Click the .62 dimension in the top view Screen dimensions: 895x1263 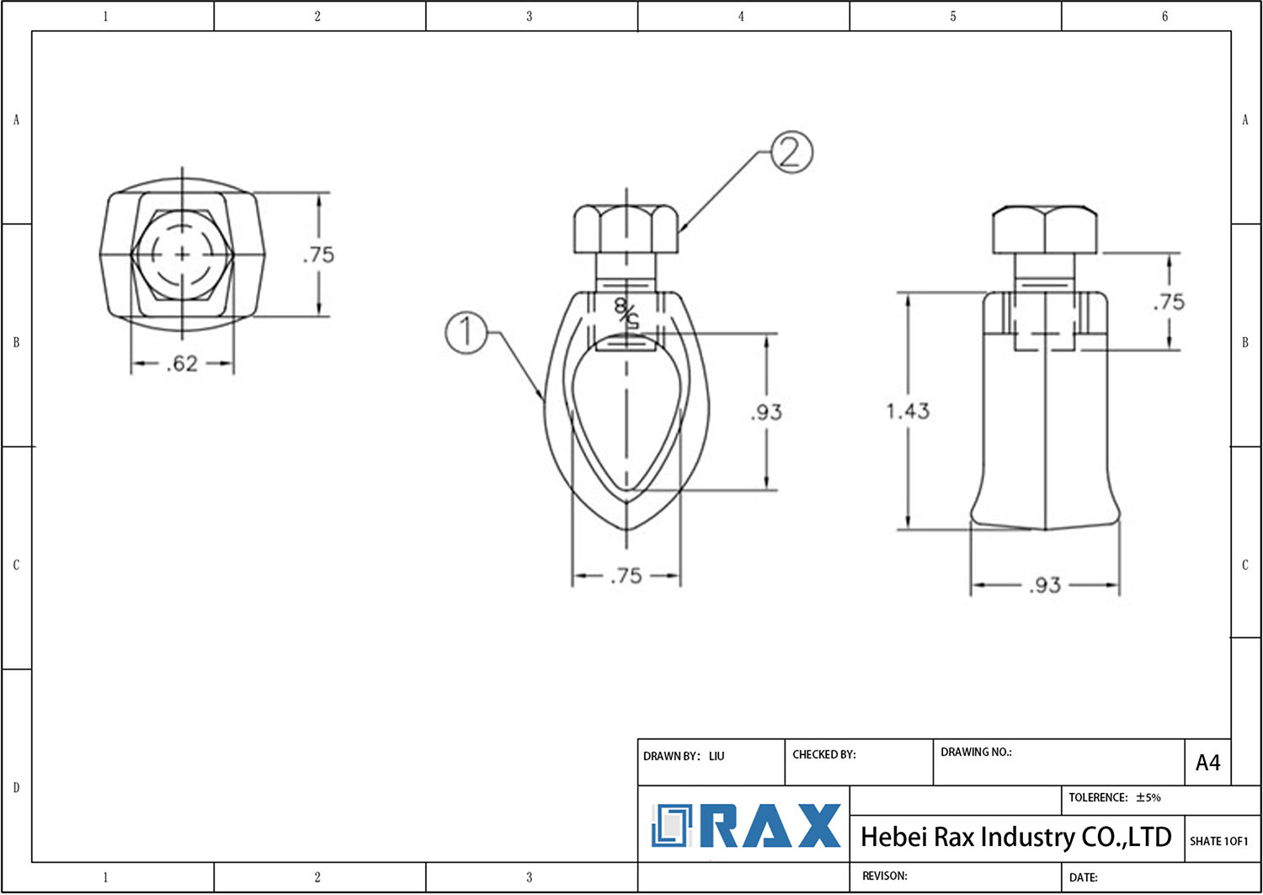(182, 364)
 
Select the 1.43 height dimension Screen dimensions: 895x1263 (907, 411)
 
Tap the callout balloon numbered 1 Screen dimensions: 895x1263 (466, 332)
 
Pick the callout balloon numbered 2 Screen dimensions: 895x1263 (791, 153)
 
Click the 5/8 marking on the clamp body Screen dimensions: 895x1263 (626, 313)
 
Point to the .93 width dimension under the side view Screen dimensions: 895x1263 (1044, 585)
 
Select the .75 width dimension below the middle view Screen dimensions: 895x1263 (626, 576)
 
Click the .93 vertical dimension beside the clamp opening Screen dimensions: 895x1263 (766, 412)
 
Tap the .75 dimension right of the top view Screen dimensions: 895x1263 (318, 255)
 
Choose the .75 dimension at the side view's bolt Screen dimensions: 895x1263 (1169, 302)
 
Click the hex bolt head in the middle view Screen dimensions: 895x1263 (626, 228)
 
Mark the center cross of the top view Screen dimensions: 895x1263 (183, 254)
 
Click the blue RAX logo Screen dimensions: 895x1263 (746, 826)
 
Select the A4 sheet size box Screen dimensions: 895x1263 (1207, 763)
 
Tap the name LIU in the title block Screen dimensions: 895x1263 (717, 756)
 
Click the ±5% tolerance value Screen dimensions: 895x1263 (1148, 797)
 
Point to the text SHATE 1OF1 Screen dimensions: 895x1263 (1218, 841)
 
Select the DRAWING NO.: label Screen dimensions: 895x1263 (976, 752)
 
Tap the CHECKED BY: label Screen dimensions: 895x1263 (823, 754)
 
